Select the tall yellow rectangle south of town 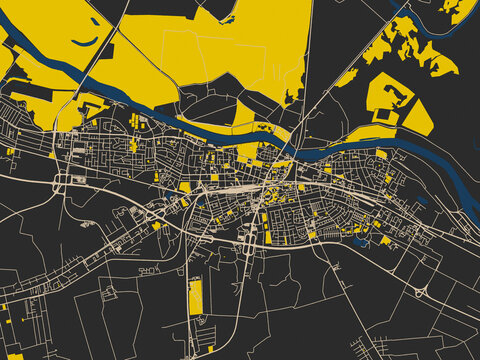tap(196, 296)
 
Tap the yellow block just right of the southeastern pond tap(386, 240)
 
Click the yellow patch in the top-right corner tap(457, 10)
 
